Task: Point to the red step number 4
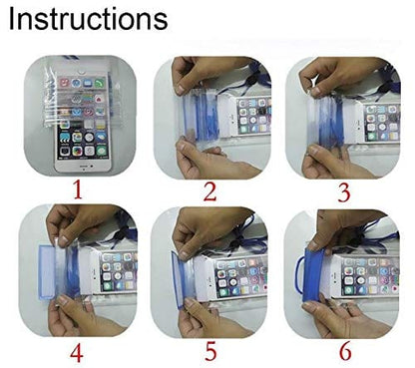click(77, 352)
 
